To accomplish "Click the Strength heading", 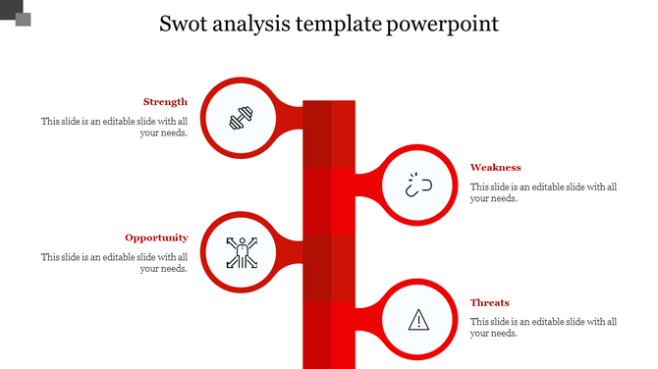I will point(165,102).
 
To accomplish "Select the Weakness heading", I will point(495,168).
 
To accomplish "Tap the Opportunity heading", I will point(156,237).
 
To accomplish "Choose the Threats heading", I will point(489,303).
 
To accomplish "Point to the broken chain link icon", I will point(419,184).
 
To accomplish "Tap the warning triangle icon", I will point(419,319).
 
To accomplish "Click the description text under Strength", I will point(114,128).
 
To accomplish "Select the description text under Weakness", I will point(543,192).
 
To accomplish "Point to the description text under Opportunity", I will point(114,263).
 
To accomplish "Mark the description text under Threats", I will point(543,327).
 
